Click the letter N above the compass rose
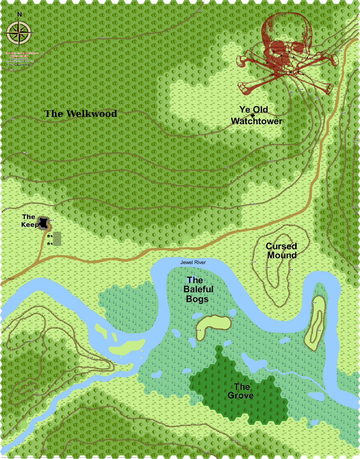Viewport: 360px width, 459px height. pos(19,14)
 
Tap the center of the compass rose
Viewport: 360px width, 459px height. pos(19,33)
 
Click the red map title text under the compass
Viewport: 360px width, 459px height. pos(22,54)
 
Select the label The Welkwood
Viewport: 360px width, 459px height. pos(81,114)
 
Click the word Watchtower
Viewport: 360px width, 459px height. pos(256,121)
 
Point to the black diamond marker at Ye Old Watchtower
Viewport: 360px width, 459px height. pos(253,115)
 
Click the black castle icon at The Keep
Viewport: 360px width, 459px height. pos(44,223)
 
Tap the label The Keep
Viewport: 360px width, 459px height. pos(29,221)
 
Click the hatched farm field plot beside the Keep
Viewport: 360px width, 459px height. pos(57,239)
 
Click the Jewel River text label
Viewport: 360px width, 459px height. pos(193,262)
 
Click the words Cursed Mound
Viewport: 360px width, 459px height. pos(281,251)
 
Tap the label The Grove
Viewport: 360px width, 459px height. pos(241,391)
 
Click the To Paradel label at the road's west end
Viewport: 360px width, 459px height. pos(9,279)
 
